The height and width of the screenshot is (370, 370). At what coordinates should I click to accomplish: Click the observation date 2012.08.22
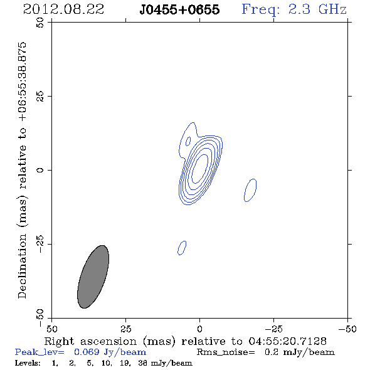pos(63,9)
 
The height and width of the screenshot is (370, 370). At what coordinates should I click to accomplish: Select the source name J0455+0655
pos(179,9)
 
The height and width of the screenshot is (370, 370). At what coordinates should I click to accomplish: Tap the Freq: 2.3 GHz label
pos(294,9)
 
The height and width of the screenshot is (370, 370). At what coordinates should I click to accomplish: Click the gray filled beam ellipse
pos(93,277)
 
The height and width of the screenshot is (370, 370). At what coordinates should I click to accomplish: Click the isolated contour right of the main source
pos(250,190)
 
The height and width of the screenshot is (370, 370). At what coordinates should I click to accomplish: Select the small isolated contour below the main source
pos(182,248)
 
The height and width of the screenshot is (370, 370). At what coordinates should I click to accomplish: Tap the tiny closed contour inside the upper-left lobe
pos(188,141)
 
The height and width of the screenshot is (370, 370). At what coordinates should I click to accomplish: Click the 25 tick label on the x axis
pos(126,329)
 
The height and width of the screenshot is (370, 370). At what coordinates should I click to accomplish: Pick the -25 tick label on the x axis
pos(273,329)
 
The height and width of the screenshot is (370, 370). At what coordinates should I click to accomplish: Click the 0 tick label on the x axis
pos(199,329)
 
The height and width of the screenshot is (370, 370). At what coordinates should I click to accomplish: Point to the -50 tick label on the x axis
pos(347,329)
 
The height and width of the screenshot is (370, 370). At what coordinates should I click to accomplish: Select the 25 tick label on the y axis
pos(40,97)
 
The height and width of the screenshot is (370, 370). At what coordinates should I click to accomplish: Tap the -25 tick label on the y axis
pos(40,244)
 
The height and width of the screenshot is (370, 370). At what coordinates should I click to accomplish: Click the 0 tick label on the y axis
pos(40,170)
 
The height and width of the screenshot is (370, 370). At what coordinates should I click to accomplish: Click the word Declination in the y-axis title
pos(22,267)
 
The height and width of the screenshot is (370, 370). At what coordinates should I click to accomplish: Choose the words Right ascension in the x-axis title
pos(90,341)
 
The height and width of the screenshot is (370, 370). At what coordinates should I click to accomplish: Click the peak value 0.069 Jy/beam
pos(110,352)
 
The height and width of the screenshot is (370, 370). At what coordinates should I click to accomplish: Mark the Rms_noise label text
pos(226,352)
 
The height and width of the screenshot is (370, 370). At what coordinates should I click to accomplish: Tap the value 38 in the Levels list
pos(143,362)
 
